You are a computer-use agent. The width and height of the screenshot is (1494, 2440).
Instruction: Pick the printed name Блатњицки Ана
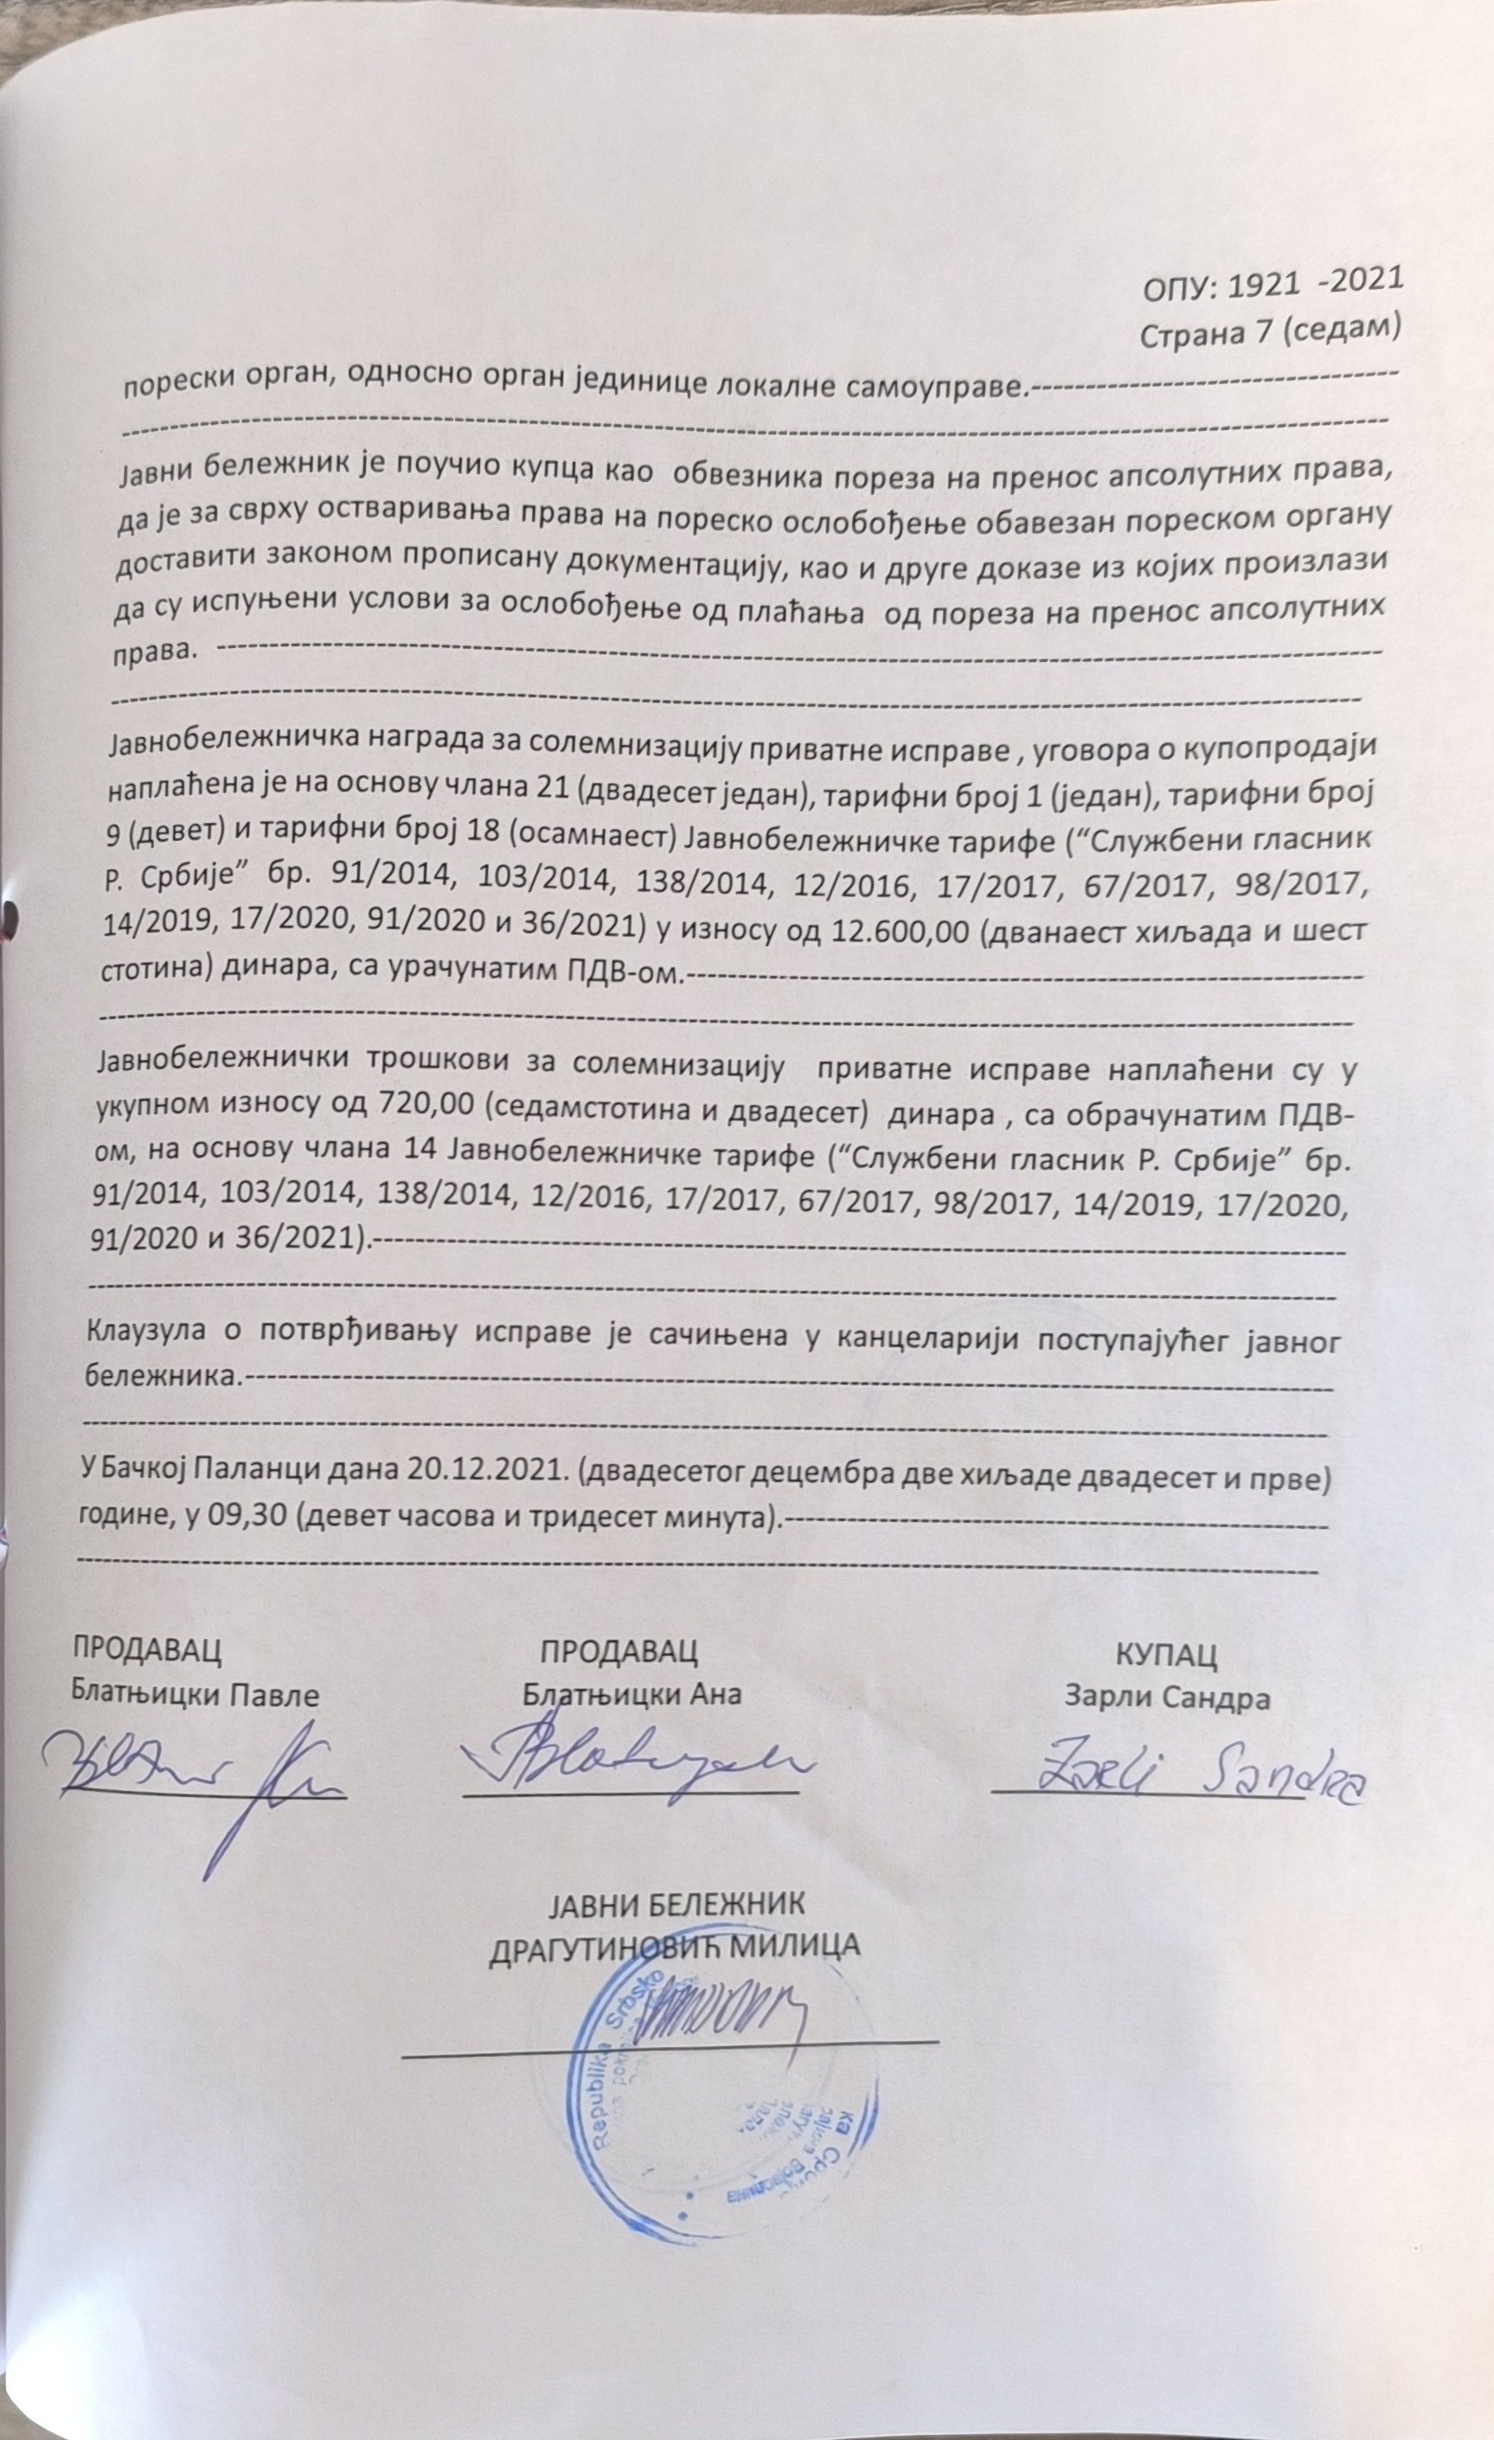tap(632, 1693)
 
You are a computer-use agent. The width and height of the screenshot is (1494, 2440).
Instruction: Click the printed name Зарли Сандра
tap(1167, 1698)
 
